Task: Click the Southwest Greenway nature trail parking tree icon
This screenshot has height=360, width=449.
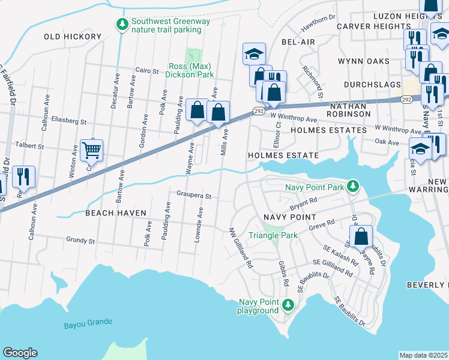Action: (122, 24)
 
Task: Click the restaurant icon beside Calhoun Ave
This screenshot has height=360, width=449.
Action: (23, 176)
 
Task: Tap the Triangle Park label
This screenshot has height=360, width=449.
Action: (273, 236)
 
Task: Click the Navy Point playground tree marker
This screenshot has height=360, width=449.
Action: (288, 306)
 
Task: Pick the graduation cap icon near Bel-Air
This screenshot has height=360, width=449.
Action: (254, 54)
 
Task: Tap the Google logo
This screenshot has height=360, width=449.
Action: (20, 352)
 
